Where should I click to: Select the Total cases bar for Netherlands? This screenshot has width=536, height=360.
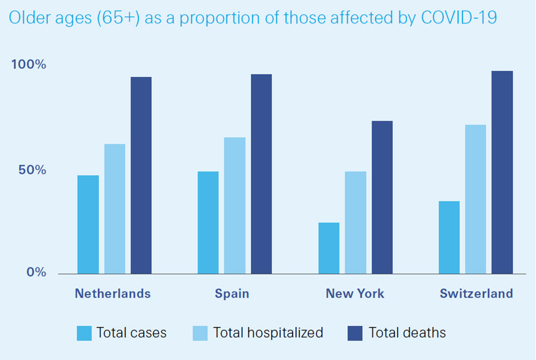click(88, 224)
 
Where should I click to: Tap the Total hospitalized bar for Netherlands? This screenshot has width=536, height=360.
click(115, 209)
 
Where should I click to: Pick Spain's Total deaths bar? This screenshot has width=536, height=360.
click(262, 174)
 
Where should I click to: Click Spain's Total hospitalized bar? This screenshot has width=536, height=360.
click(235, 206)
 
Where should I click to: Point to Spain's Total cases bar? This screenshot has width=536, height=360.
click(208, 223)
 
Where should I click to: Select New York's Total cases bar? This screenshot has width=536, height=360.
click(329, 248)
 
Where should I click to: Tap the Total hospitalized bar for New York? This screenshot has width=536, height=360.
click(355, 223)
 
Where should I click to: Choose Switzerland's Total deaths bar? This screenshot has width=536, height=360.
click(502, 172)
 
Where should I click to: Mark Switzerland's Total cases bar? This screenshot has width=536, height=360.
click(449, 237)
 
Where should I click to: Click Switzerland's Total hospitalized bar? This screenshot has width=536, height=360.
click(475, 199)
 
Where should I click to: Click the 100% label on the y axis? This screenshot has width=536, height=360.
click(29, 65)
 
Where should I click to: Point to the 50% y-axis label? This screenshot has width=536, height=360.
click(33, 170)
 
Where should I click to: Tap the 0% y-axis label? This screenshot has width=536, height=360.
click(37, 272)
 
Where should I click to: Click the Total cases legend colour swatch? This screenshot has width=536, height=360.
click(84, 333)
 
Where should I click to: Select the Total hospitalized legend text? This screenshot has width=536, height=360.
click(268, 333)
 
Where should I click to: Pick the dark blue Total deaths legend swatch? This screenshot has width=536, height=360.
click(355, 333)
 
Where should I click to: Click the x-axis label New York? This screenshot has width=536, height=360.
click(355, 294)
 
